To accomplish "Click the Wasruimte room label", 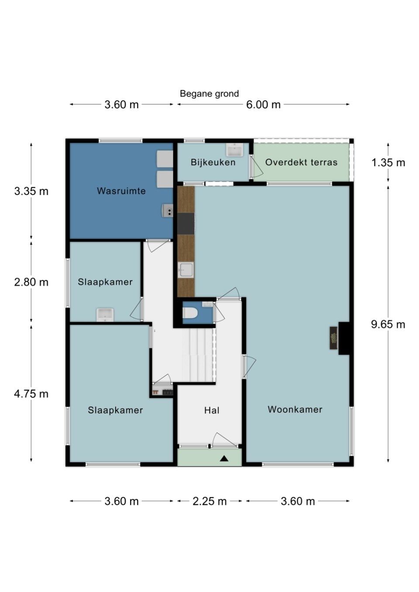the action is coord(121,191).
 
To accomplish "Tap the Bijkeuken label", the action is coord(213,162).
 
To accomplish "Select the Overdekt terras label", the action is coord(301,162).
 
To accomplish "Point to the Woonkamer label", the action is coord(295,409).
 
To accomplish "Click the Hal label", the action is coord(212,410).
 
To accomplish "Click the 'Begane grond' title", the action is coord(209,94).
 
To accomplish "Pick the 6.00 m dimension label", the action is coord(263,105).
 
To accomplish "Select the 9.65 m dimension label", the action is coord(388,324).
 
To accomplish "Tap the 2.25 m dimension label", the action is coord(209,501).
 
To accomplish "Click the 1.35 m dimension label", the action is coord(388,163).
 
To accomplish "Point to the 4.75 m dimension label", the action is coord(31,394).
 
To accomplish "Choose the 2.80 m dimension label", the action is coord(31,282).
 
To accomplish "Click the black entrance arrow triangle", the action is coord(224,459).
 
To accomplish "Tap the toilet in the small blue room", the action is coord(190,314).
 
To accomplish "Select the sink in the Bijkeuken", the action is coord(234,150).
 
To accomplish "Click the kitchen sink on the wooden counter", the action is coord(185,270).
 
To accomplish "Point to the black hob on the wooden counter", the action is coord(186,224).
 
